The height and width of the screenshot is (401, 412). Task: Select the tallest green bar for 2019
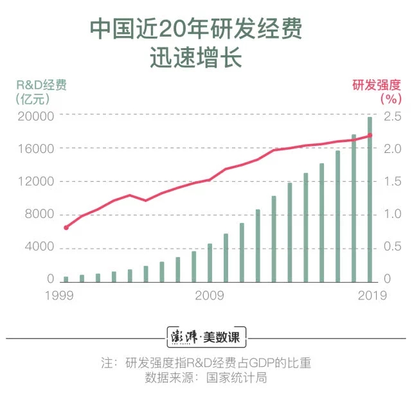click(370, 199)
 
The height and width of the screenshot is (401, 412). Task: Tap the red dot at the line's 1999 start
click(66, 227)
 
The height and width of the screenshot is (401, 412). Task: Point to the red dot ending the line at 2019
click(370, 135)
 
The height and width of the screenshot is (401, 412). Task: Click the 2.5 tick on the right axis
click(393, 116)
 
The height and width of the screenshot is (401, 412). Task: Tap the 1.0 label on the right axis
click(393, 215)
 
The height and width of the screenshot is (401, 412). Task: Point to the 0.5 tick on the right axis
click(393, 247)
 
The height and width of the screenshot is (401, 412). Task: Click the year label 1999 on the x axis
click(58, 296)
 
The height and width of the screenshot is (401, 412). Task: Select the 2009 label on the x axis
click(209, 296)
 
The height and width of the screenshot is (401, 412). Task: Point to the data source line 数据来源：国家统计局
click(206, 377)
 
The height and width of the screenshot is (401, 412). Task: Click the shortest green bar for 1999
click(66, 278)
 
